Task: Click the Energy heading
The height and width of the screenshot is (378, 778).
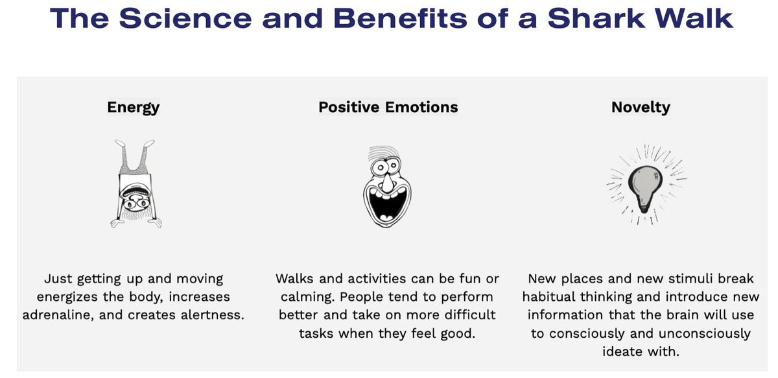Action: (x=134, y=107)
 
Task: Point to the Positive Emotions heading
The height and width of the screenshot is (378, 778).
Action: (x=388, y=107)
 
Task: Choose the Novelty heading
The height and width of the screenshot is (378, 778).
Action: (x=641, y=107)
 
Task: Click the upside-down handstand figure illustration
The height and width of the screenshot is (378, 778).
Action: (x=135, y=183)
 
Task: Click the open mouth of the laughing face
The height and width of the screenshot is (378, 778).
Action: (x=386, y=204)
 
